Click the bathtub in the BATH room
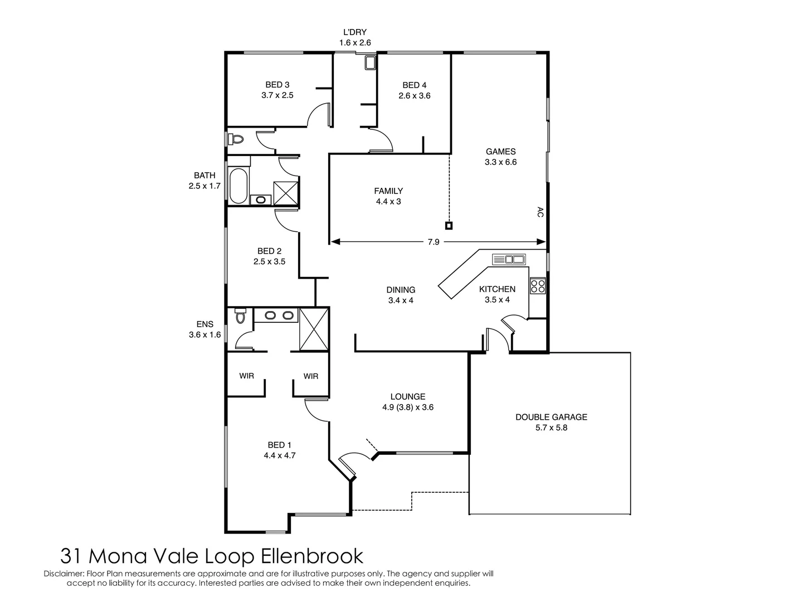coord(238,186)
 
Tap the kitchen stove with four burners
coord(537,285)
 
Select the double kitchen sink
coord(509,259)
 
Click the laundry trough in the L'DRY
coord(370,62)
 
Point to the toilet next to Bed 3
coord(236,139)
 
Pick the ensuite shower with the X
coord(314,329)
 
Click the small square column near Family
coord(449,226)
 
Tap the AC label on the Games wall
coord(540,212)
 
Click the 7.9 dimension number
coord(433,242)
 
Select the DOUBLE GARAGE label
coord(551,417)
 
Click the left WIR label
coord(246,376)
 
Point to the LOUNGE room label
coord(407,396)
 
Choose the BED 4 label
coord(414,85)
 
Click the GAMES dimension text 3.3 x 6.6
coord(500,162)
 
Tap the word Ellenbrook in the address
coord(312,556)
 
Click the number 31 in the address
coord(71,556)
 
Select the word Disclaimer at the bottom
coord(64,574)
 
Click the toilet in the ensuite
coord(240,315)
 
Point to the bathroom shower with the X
coord(286,193)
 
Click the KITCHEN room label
coord(497,289)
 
